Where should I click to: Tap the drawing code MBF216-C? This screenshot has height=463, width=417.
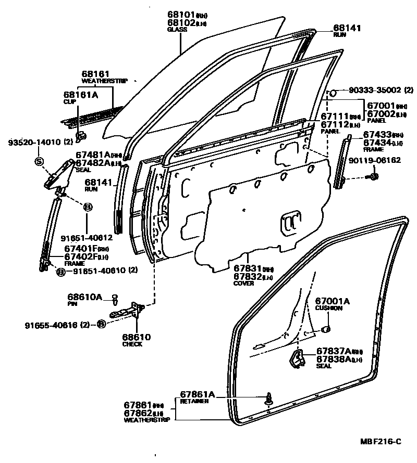(380, 442)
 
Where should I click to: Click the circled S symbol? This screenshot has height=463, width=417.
(39, 161)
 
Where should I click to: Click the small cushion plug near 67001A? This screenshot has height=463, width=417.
(326, 329)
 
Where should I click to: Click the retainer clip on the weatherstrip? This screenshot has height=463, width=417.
(269, 400)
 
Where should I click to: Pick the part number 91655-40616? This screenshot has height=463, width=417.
(50, 325)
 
